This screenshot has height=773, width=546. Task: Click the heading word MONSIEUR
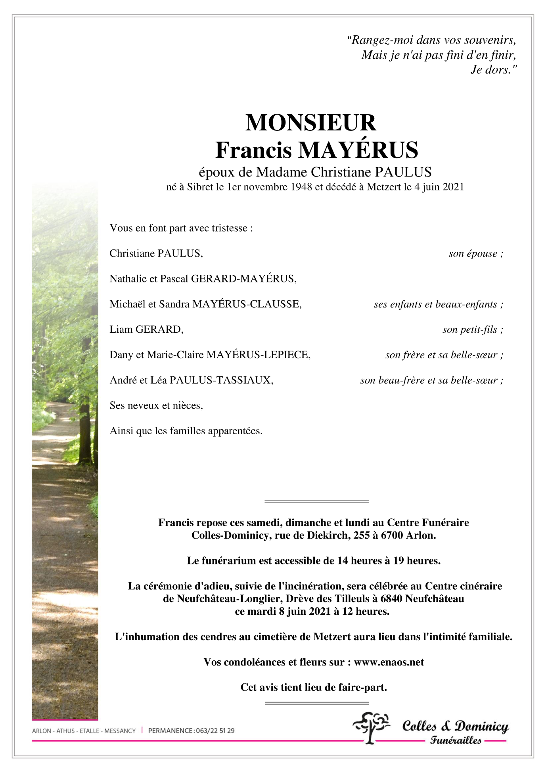[310, 123]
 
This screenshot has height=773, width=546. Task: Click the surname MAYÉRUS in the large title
[358, 150]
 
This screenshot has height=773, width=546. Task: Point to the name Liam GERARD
[146, 329]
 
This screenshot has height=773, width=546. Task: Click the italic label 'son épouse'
[473, 253]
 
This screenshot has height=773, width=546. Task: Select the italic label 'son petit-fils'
[470, 330]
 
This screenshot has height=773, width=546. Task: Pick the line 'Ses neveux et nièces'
[156, 405]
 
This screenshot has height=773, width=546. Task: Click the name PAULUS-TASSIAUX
[221, 380]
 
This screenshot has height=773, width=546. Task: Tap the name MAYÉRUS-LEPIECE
[258, 355]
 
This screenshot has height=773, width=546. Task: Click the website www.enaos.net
[389, 662]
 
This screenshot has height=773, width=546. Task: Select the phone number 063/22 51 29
[215, 731]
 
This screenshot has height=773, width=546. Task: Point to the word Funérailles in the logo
[456, 740]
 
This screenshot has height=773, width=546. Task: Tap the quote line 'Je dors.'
[493, 70]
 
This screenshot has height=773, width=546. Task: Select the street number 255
[362, 535]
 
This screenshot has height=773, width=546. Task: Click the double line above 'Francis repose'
[316, 501]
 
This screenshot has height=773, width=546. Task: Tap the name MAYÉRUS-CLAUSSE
[246, 304]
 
